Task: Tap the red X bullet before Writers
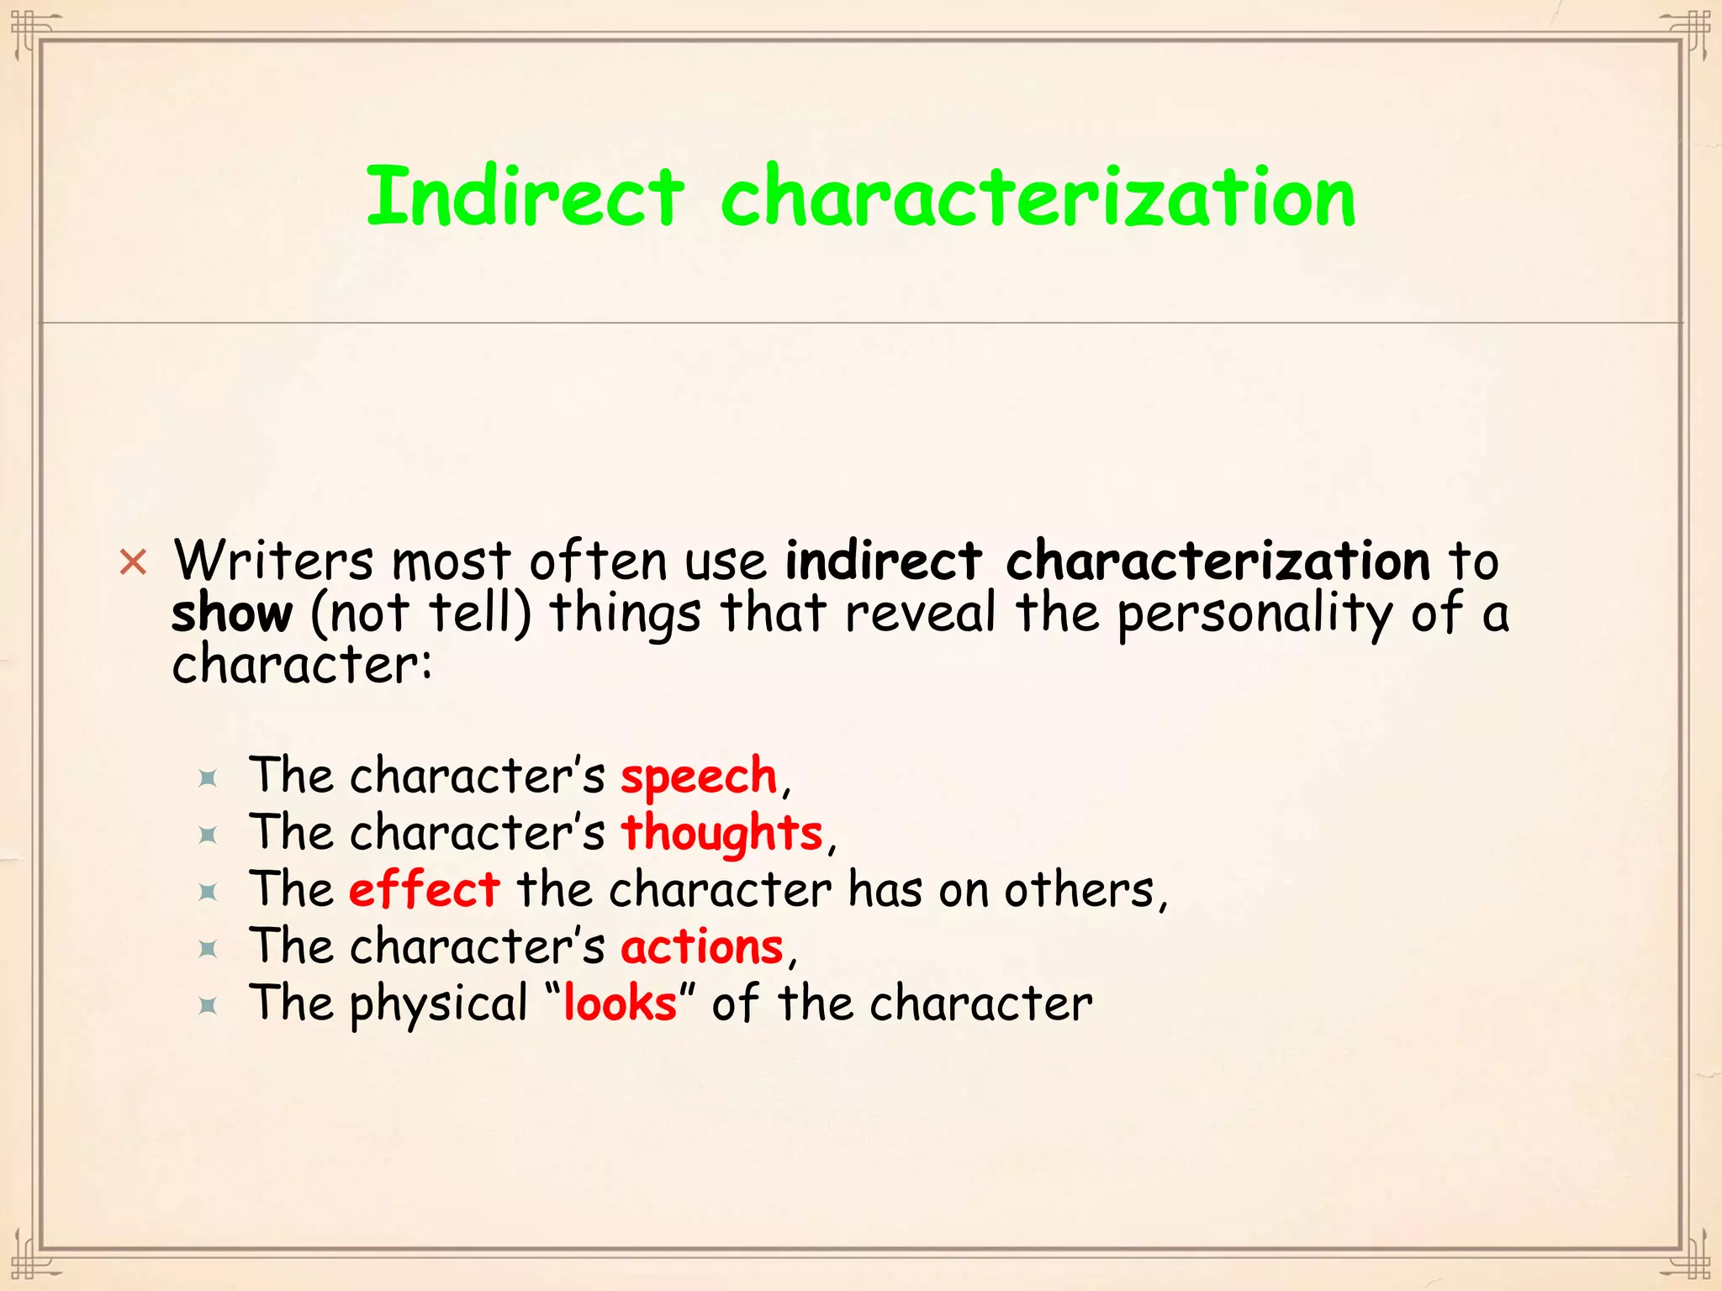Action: (133, 561)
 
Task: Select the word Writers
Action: (273, 560)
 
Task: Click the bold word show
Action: (232, 614)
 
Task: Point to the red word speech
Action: (699, 776)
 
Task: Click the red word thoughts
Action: (721, 833)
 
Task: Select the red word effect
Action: (425, 889)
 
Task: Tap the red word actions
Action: (702, 946)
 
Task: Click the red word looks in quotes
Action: (620, 1004)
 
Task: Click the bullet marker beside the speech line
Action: (208, 778)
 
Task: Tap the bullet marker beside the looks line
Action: (208, 1006)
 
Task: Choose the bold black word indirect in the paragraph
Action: (883, 560)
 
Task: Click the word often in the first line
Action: (598, 560)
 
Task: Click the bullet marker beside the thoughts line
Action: (208, 835)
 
